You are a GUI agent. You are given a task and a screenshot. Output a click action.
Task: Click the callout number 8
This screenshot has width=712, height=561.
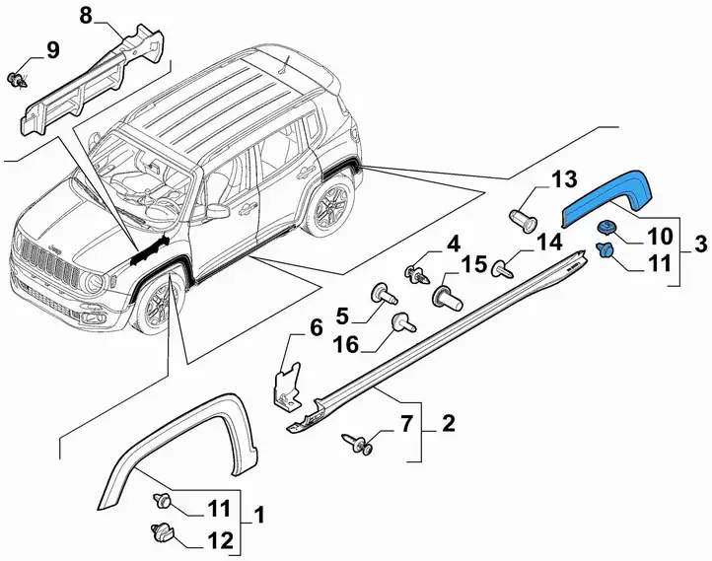coord(86,17)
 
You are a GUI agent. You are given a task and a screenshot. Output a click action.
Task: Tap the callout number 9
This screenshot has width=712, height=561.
coord(53,50)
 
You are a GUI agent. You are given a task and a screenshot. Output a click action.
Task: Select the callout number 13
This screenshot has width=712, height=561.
coord(564,179)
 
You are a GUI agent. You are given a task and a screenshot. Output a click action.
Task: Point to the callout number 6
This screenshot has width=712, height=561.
coord(316,327)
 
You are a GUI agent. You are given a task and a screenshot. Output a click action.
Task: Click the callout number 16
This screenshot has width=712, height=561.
coord(345,344)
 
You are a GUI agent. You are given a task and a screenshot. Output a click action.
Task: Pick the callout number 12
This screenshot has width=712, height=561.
coord(220,540)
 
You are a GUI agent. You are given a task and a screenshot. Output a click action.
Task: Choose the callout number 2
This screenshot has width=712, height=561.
coord(448,424)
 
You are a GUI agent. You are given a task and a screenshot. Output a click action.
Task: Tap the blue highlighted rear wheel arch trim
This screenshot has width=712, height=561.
coord(606,196)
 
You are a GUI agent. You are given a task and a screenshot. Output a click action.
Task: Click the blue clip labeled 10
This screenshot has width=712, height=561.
coord(605,227)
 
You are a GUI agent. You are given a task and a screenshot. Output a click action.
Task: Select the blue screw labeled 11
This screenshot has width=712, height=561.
coord(604,250)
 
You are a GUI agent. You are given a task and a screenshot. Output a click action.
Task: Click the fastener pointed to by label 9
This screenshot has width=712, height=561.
coord(17,80)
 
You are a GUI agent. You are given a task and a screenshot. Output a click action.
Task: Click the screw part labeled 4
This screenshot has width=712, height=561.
coord(417,274)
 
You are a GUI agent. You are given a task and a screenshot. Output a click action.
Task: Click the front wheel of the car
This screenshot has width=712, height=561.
coord(157,304)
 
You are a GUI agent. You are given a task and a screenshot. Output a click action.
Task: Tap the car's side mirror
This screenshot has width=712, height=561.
coord(217,210)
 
